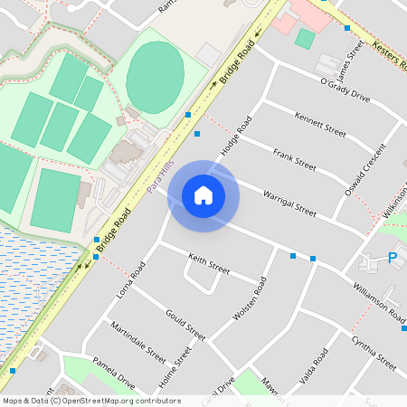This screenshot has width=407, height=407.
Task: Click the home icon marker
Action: click(203, 195)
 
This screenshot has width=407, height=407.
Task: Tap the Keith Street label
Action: click(209, 264)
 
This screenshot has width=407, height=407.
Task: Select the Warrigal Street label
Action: click(289, 203)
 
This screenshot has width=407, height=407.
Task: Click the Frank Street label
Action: click(294, 160)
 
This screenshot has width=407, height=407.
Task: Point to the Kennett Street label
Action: click(320, 124)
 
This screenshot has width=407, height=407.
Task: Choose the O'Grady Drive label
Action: click(345, 90)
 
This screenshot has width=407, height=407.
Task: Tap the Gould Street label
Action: click(185, 324)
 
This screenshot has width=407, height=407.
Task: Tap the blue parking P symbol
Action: click(393, 259)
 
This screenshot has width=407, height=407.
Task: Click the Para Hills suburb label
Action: click(160, 172)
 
